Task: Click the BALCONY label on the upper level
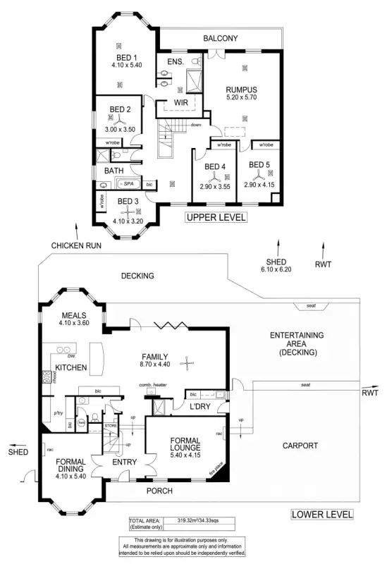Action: coord(221,38)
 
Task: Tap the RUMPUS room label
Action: coord(241,90)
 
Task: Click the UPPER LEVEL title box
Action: coord(216,218)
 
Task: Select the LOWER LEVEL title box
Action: coord(322,515)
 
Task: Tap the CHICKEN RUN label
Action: coord(76,245)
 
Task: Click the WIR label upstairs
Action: coord(181,103)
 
